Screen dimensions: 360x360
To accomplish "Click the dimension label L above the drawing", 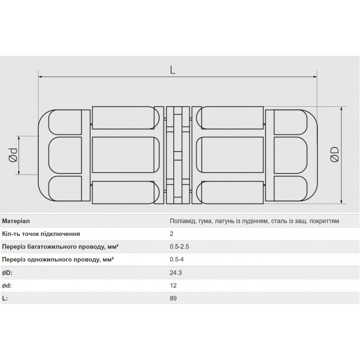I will click(x=172, y=70).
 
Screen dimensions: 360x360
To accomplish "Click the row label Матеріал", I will click(x=16, y=221).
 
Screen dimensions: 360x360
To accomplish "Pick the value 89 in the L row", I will click(x=173, y=298).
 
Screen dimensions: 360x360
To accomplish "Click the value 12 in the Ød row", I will click(x=173, y=285).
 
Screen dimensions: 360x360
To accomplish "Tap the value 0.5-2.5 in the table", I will click(x=179, y=247).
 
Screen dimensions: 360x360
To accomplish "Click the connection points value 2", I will click(x=171, y=234).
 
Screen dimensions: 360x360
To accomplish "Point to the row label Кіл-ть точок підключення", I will click(x=41, y=234).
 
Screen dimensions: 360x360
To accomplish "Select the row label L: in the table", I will click(x=5, y=298).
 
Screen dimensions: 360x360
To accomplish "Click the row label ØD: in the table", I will click(x=7, y=272).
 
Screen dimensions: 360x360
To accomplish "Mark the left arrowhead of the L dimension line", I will click(x=41, y=77).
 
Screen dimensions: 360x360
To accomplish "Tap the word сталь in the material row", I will click(x=280, y=221).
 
